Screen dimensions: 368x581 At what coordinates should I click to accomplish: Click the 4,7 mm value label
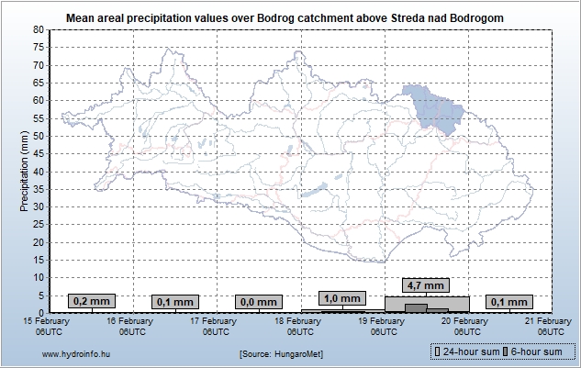[427, 284]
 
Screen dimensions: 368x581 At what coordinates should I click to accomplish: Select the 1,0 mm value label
[343, 298]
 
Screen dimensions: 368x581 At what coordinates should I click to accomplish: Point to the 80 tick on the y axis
[39, 29]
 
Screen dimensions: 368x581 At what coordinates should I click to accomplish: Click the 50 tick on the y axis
[39, 136]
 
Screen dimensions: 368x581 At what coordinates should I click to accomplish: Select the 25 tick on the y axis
[39, 224]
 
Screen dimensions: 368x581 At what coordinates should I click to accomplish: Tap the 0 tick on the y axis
[41, 312]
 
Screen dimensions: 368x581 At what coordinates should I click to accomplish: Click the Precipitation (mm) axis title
[24, 171]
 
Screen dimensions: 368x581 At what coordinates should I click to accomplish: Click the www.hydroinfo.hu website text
[77, 353]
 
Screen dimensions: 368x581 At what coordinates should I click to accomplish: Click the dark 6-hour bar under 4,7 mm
[416, 307]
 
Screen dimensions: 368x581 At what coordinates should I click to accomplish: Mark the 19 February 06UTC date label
[384, 326]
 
